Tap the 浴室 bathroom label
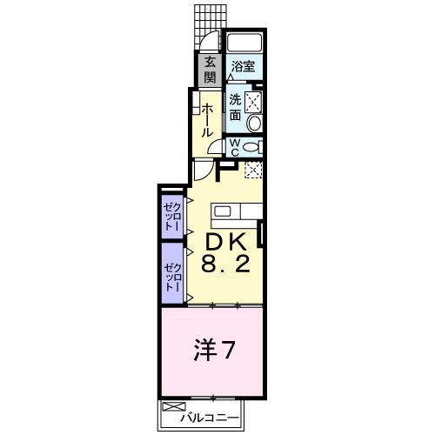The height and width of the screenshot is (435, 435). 243,65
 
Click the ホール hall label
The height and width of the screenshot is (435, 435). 210,120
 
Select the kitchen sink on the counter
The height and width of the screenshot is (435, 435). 223,211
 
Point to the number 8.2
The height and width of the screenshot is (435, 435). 228,264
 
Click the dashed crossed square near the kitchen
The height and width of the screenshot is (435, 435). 253,171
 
